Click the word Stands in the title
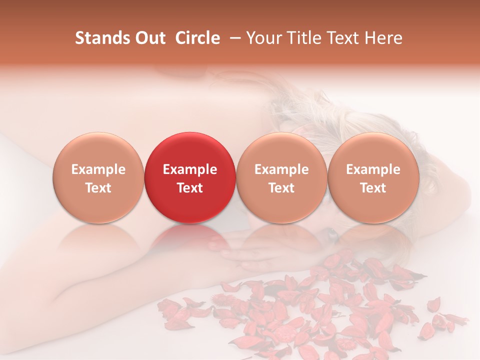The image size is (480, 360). (101, 38)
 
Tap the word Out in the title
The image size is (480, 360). (148, 38)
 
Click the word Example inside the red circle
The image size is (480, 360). (190, 169)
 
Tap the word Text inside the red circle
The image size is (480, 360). (190, 188)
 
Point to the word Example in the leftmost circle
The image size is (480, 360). (98, 169)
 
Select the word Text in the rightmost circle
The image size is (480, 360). (373, 188)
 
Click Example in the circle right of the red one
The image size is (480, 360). (281, 169)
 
